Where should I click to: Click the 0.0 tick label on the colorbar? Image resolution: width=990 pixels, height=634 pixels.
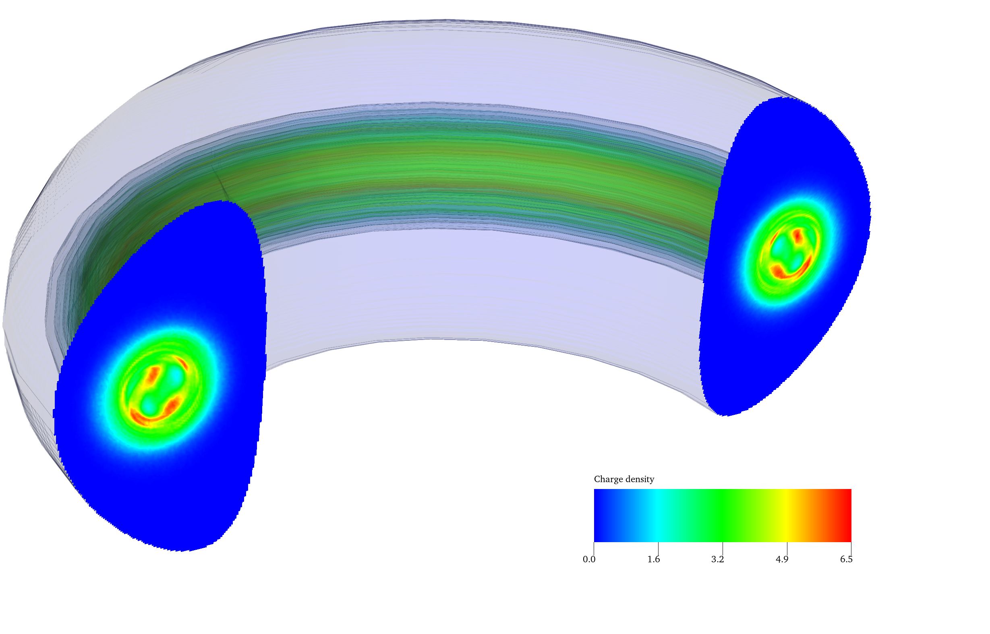click(589, 559)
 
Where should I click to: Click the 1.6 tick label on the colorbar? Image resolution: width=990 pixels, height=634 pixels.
click(653, 559)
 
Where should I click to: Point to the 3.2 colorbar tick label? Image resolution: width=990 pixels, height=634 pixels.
click(717, 559)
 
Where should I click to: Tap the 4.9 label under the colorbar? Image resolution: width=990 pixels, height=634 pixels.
click(782, 559)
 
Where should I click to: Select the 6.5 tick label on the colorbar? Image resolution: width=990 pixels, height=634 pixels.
click(846, 559)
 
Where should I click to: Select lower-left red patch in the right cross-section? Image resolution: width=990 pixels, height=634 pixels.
click(778, 271)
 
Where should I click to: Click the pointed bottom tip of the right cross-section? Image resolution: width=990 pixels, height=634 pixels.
click(723, 415)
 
